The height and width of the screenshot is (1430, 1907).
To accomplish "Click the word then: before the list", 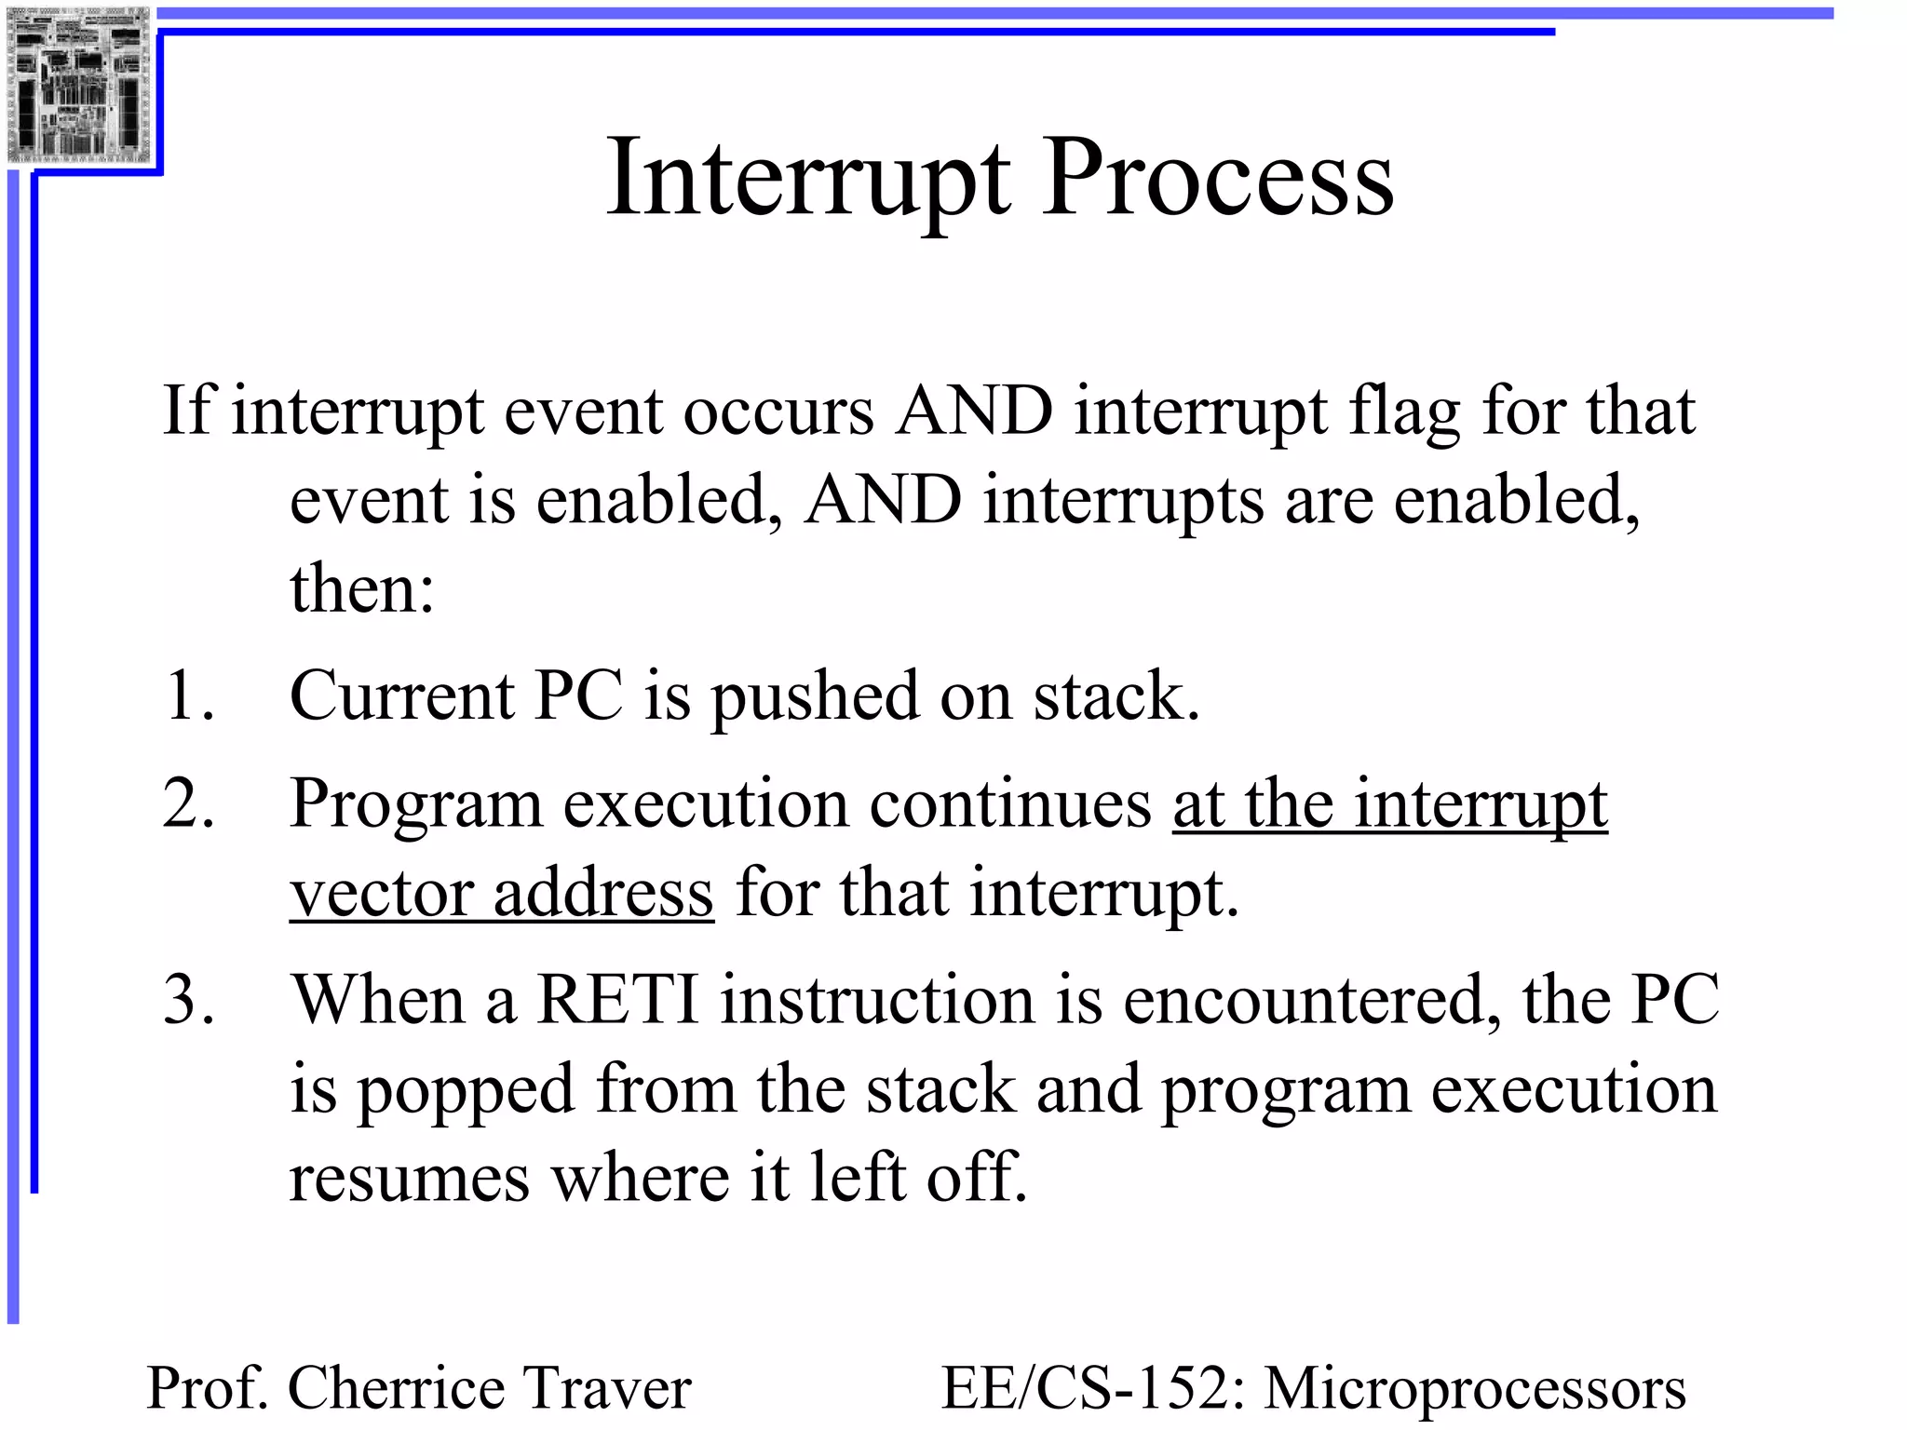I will [362, 589].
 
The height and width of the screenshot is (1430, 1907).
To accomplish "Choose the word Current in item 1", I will [401, 695].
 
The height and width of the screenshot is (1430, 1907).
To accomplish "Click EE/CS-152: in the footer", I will [1093, 1388].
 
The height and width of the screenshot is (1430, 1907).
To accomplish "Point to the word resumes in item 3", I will [409, 1179].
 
